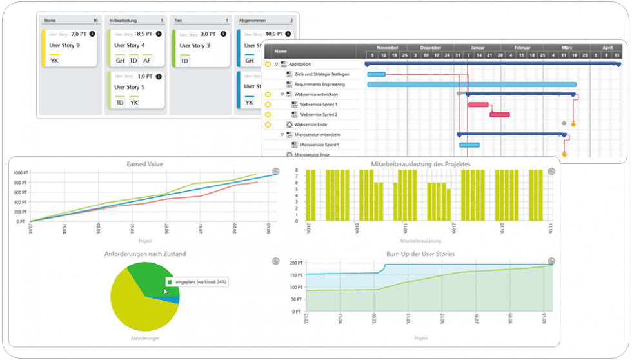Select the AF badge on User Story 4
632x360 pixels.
[148, 60]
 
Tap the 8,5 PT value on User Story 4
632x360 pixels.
[145, 34]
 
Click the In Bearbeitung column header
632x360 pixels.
[123, 21]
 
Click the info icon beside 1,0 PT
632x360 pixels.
[159, 76]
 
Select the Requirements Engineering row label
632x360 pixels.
[319, 85]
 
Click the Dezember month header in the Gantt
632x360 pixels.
[430, 48]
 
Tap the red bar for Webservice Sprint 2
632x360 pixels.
[500, 115]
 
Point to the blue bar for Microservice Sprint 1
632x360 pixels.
[469, 145]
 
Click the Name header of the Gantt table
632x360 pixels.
[281, 52]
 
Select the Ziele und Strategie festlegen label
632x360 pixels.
[322, 74]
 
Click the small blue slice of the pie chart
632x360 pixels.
[173, 299]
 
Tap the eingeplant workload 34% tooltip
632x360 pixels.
[197, 282]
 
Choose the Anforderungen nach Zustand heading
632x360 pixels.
[145, 254]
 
